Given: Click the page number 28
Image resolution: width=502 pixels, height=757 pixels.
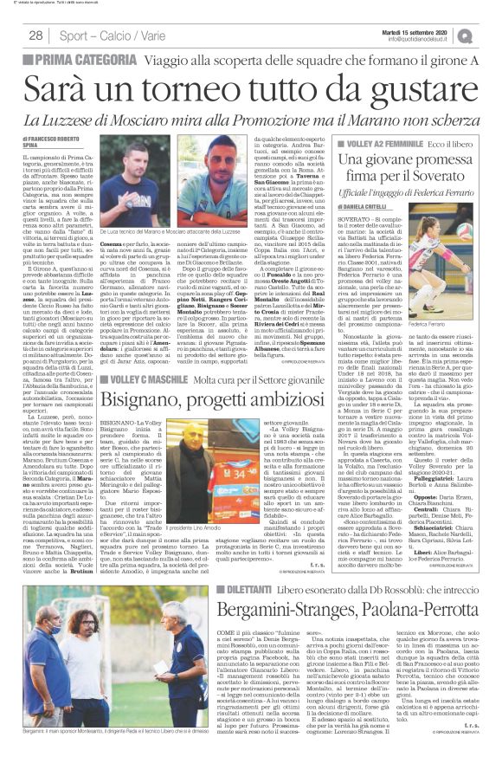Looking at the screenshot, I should click(35, 35).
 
